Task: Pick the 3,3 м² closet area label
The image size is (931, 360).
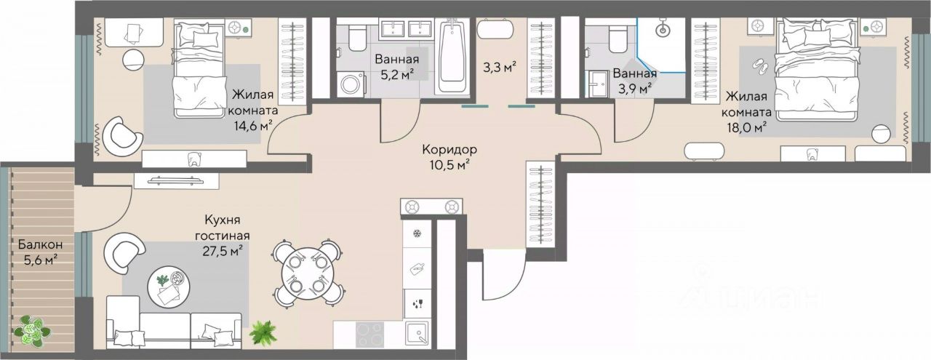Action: pos(500,66)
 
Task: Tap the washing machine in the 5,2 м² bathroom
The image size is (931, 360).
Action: pos(351,84)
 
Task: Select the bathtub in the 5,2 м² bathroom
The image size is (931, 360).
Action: pos(452,56)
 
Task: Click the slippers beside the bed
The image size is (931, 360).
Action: pos(761,65)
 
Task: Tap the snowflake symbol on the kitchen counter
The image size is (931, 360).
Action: pos(415,233)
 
